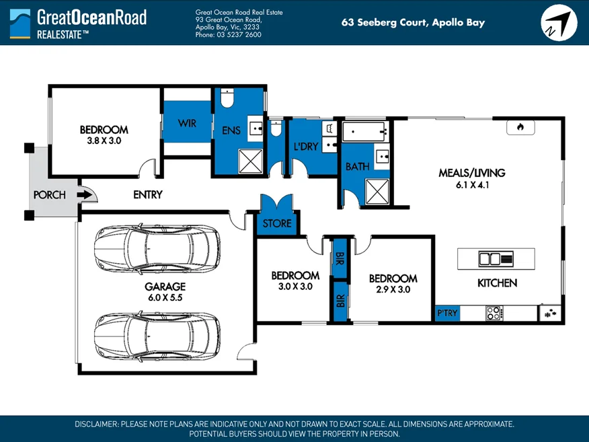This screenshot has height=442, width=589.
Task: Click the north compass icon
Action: point(559,23)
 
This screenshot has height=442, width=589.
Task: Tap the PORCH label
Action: point(50,195)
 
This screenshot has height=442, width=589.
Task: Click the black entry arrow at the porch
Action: point(84,195)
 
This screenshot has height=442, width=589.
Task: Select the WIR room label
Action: point(187,123)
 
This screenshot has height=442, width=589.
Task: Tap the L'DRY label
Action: point(306,147)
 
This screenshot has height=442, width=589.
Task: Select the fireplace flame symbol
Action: point(520,126)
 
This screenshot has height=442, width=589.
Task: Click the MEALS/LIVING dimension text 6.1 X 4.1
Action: point(471,185)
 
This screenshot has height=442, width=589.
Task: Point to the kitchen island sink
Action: point(490,258)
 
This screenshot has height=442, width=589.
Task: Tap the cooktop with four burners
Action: point(494,313)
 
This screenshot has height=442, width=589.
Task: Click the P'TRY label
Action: point(448,313)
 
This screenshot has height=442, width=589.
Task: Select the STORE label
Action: point(277,223)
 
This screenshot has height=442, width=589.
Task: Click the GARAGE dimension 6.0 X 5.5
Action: point(165,297)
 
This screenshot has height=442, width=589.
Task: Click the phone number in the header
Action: point(228,34)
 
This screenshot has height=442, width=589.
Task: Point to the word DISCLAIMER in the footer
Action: point(96,424)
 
